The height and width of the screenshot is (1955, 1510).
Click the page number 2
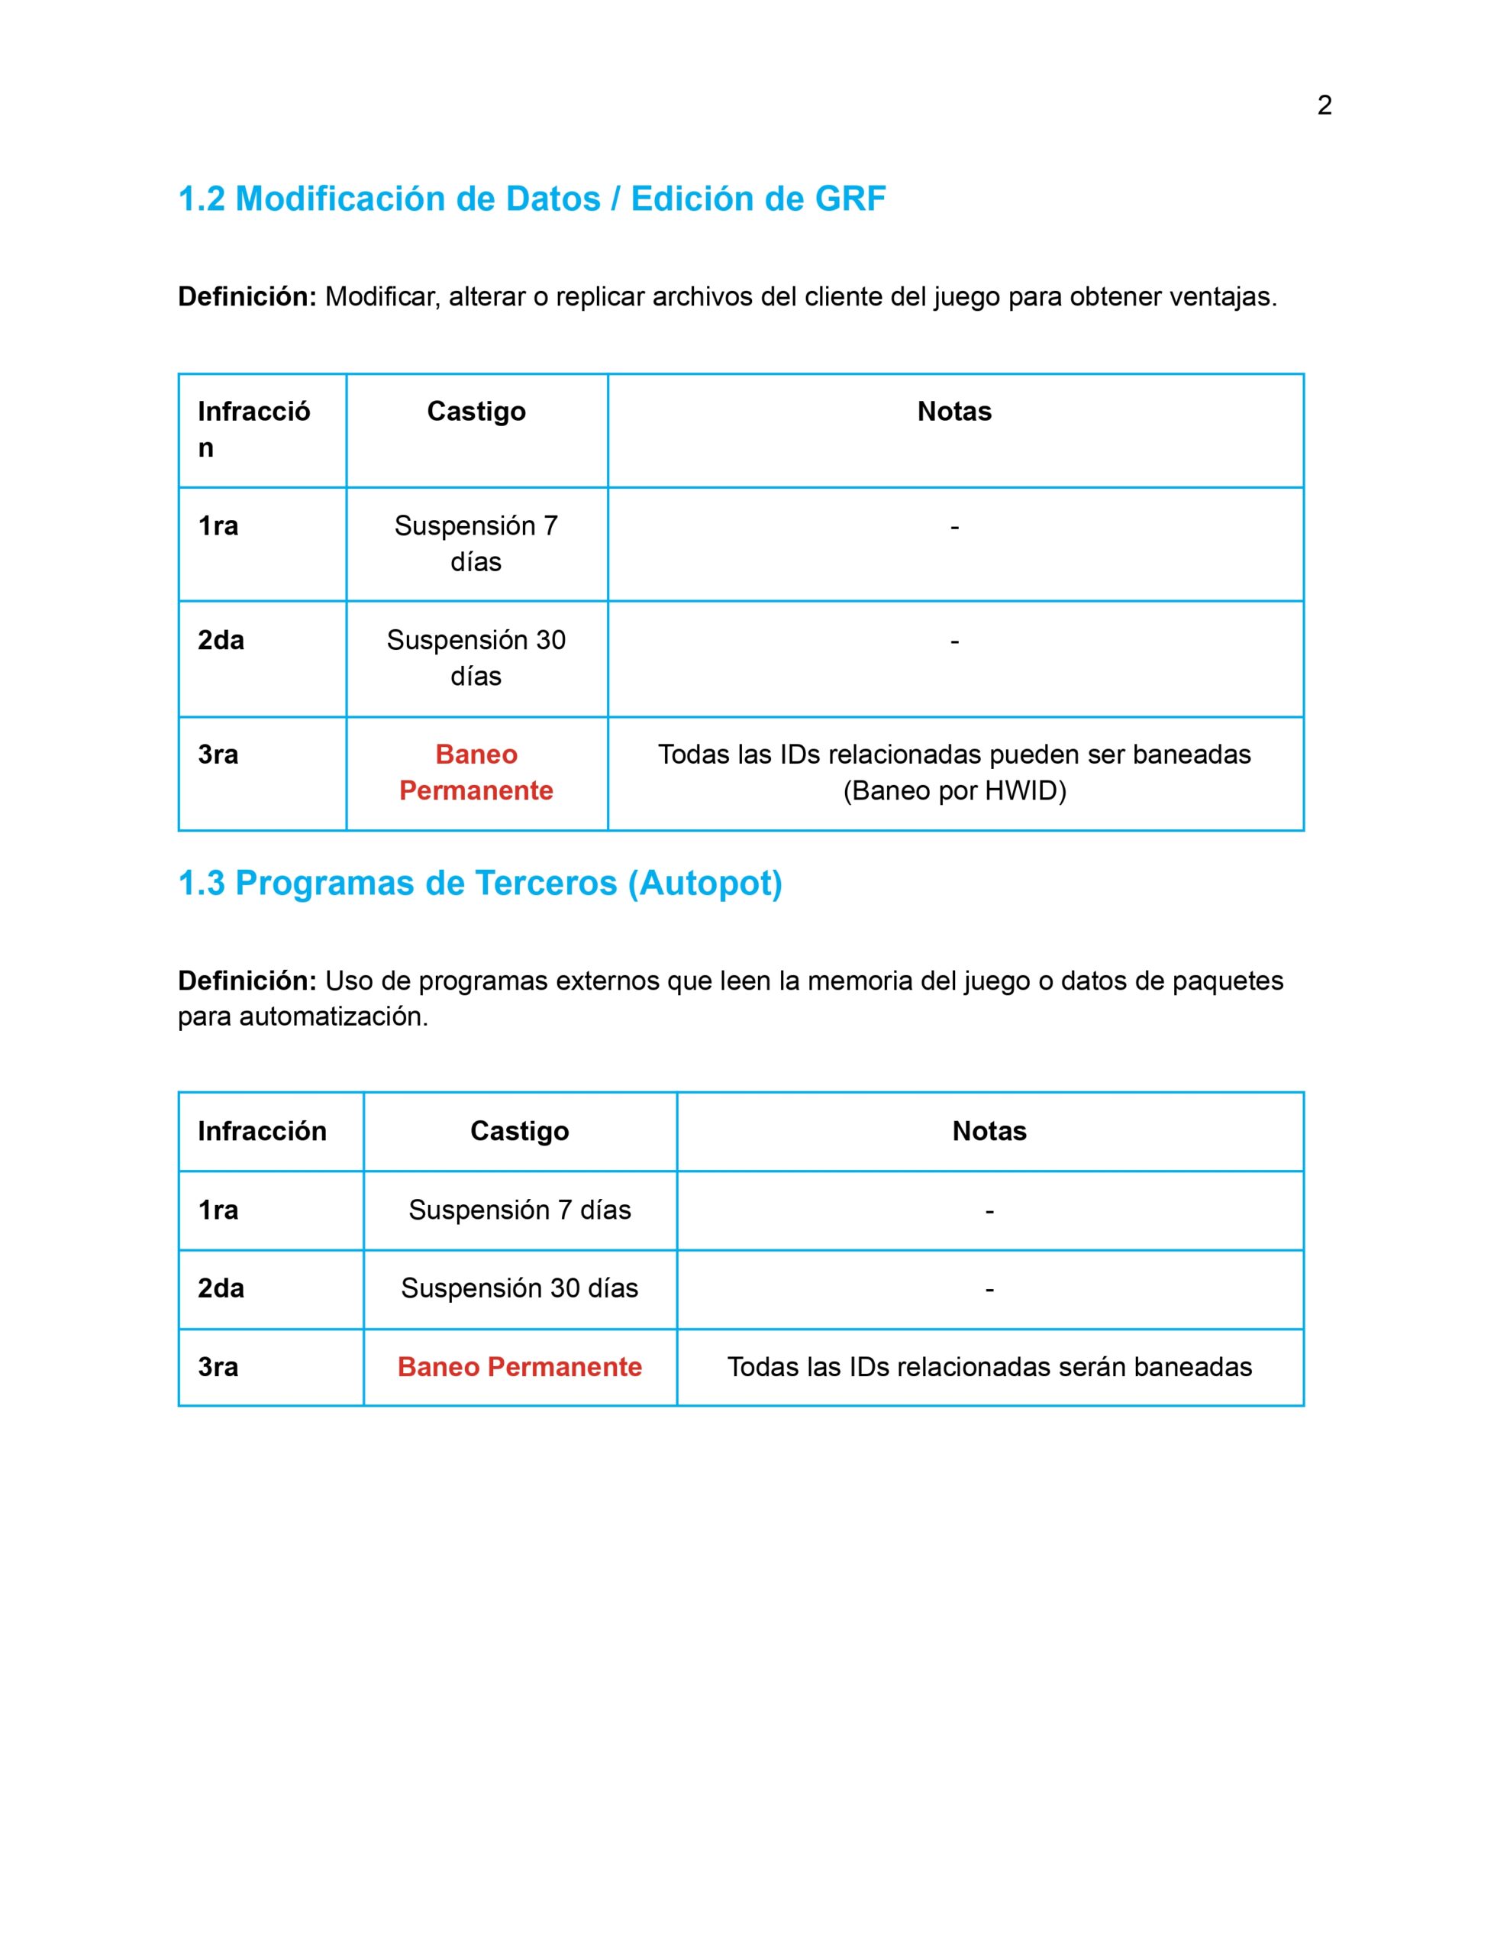point(1324,105)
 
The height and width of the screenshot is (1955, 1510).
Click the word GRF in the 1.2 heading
point(850,199)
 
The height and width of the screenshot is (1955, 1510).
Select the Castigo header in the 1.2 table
point(476,412)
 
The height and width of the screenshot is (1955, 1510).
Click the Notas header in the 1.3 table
point(989,1132)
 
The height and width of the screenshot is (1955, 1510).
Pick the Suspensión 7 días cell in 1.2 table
point(476,544)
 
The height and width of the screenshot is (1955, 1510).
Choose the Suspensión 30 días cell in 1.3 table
point(519,1288)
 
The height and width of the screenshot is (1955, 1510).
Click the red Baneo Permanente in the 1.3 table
point(519,1367)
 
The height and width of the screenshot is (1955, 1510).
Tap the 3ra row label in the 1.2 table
point(218,755)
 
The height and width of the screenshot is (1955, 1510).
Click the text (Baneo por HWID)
point(954,791)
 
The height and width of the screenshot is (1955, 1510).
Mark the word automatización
point(334,1018)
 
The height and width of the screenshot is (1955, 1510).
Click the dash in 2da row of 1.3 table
point(989,1290)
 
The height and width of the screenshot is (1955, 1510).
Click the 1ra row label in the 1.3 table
point(218,1210)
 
